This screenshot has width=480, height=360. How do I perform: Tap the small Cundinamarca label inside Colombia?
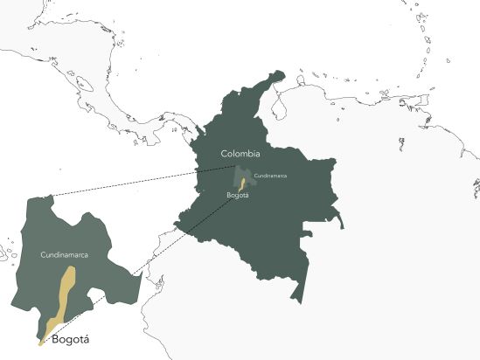tap(269, 176)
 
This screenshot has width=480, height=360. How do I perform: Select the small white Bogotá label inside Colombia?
tap(238, 195)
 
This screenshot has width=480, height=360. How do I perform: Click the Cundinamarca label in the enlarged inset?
tap(66, 254)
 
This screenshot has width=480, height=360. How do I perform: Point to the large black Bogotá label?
tap(72, 338)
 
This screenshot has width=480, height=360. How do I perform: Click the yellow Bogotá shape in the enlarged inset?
tap(64, 293)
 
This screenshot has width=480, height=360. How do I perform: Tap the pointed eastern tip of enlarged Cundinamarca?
tap(141, 273)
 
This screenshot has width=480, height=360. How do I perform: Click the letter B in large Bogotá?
tap(56, 338)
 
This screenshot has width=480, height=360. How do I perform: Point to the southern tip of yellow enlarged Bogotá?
tap(40, 343)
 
